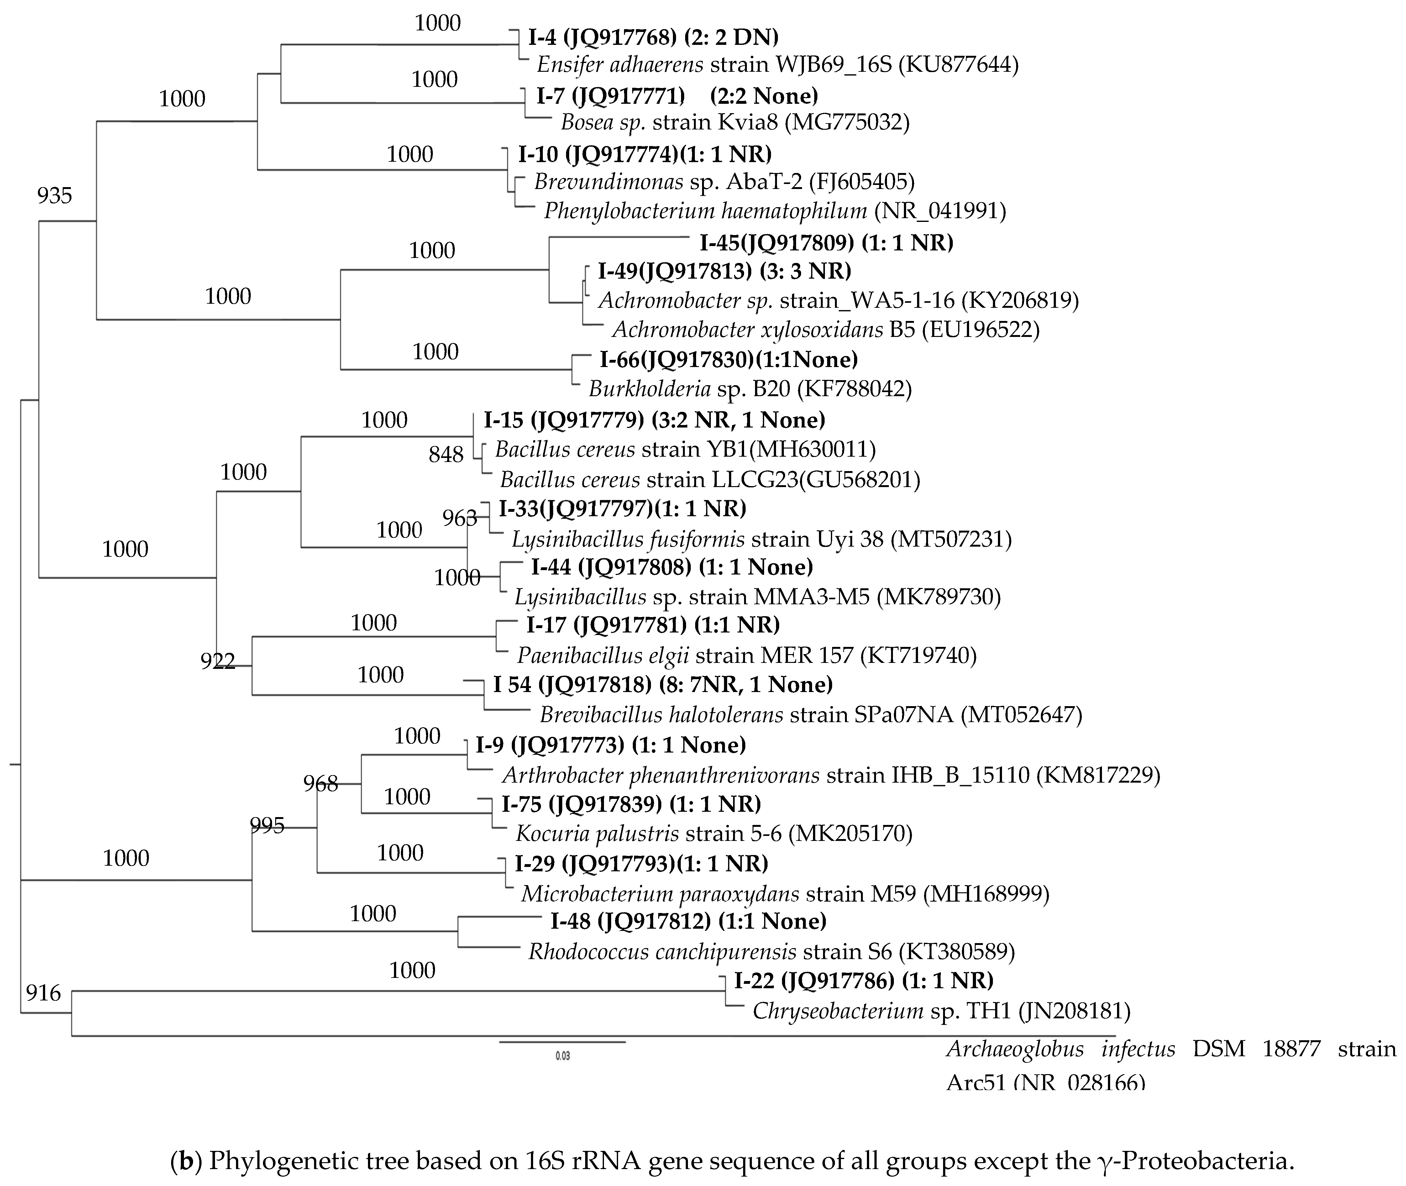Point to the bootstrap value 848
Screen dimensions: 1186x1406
coord(446,455)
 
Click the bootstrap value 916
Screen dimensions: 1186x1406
coord(43,993)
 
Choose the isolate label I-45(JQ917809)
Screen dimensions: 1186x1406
coord(777,243)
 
